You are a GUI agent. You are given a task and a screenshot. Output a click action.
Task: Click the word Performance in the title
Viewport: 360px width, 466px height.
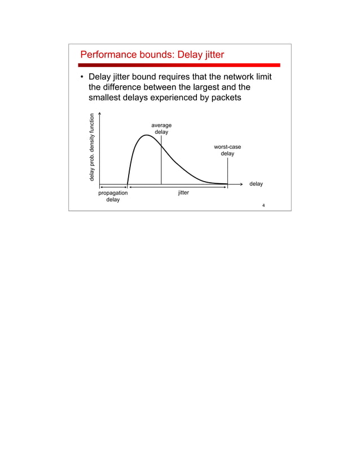(109, 55)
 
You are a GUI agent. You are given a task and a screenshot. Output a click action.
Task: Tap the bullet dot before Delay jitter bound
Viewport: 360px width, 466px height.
(82, 77)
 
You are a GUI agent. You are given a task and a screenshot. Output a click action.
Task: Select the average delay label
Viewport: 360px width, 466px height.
(161, 129)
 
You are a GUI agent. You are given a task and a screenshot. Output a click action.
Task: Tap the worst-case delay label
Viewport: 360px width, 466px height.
(227, 150)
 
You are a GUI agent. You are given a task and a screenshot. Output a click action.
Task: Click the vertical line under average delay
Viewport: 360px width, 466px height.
(161, 164)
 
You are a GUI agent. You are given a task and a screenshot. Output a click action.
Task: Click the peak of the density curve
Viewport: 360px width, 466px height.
(147, 135)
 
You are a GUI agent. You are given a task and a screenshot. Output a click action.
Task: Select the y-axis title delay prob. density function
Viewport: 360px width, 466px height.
(92, 148)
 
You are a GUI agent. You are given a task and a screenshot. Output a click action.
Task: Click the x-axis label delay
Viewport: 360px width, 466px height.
(256, 184)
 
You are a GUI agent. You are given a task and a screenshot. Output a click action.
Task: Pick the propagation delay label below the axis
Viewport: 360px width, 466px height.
(113, 196)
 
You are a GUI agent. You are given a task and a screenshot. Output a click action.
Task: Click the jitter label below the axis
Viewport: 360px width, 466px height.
(183, 193)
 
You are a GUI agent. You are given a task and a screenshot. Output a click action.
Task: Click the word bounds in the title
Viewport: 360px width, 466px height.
(159, 55)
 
